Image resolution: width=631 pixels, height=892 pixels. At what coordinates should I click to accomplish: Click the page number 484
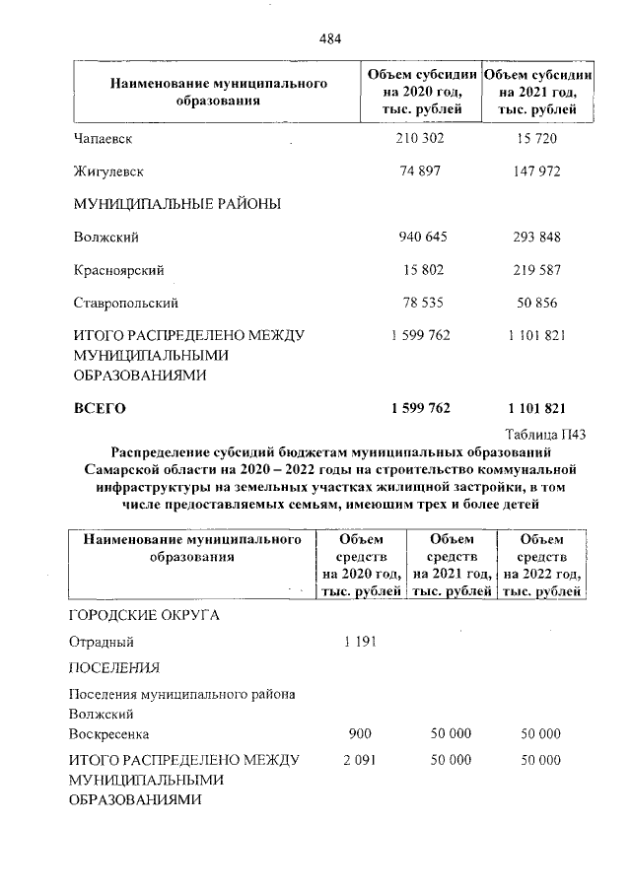[329, 38]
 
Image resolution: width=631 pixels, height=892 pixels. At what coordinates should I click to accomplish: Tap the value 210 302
[419, 139]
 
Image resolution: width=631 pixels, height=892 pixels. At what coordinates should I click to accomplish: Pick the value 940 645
[419, 237]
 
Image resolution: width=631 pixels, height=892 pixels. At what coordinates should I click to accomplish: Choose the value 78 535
[419, 302]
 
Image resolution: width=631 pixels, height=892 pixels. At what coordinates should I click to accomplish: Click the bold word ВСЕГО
[101, 407]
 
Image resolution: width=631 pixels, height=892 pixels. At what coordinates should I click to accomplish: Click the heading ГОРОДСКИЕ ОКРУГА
[143, 615]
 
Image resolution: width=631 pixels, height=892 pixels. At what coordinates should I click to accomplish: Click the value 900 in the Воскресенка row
[360, 734]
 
